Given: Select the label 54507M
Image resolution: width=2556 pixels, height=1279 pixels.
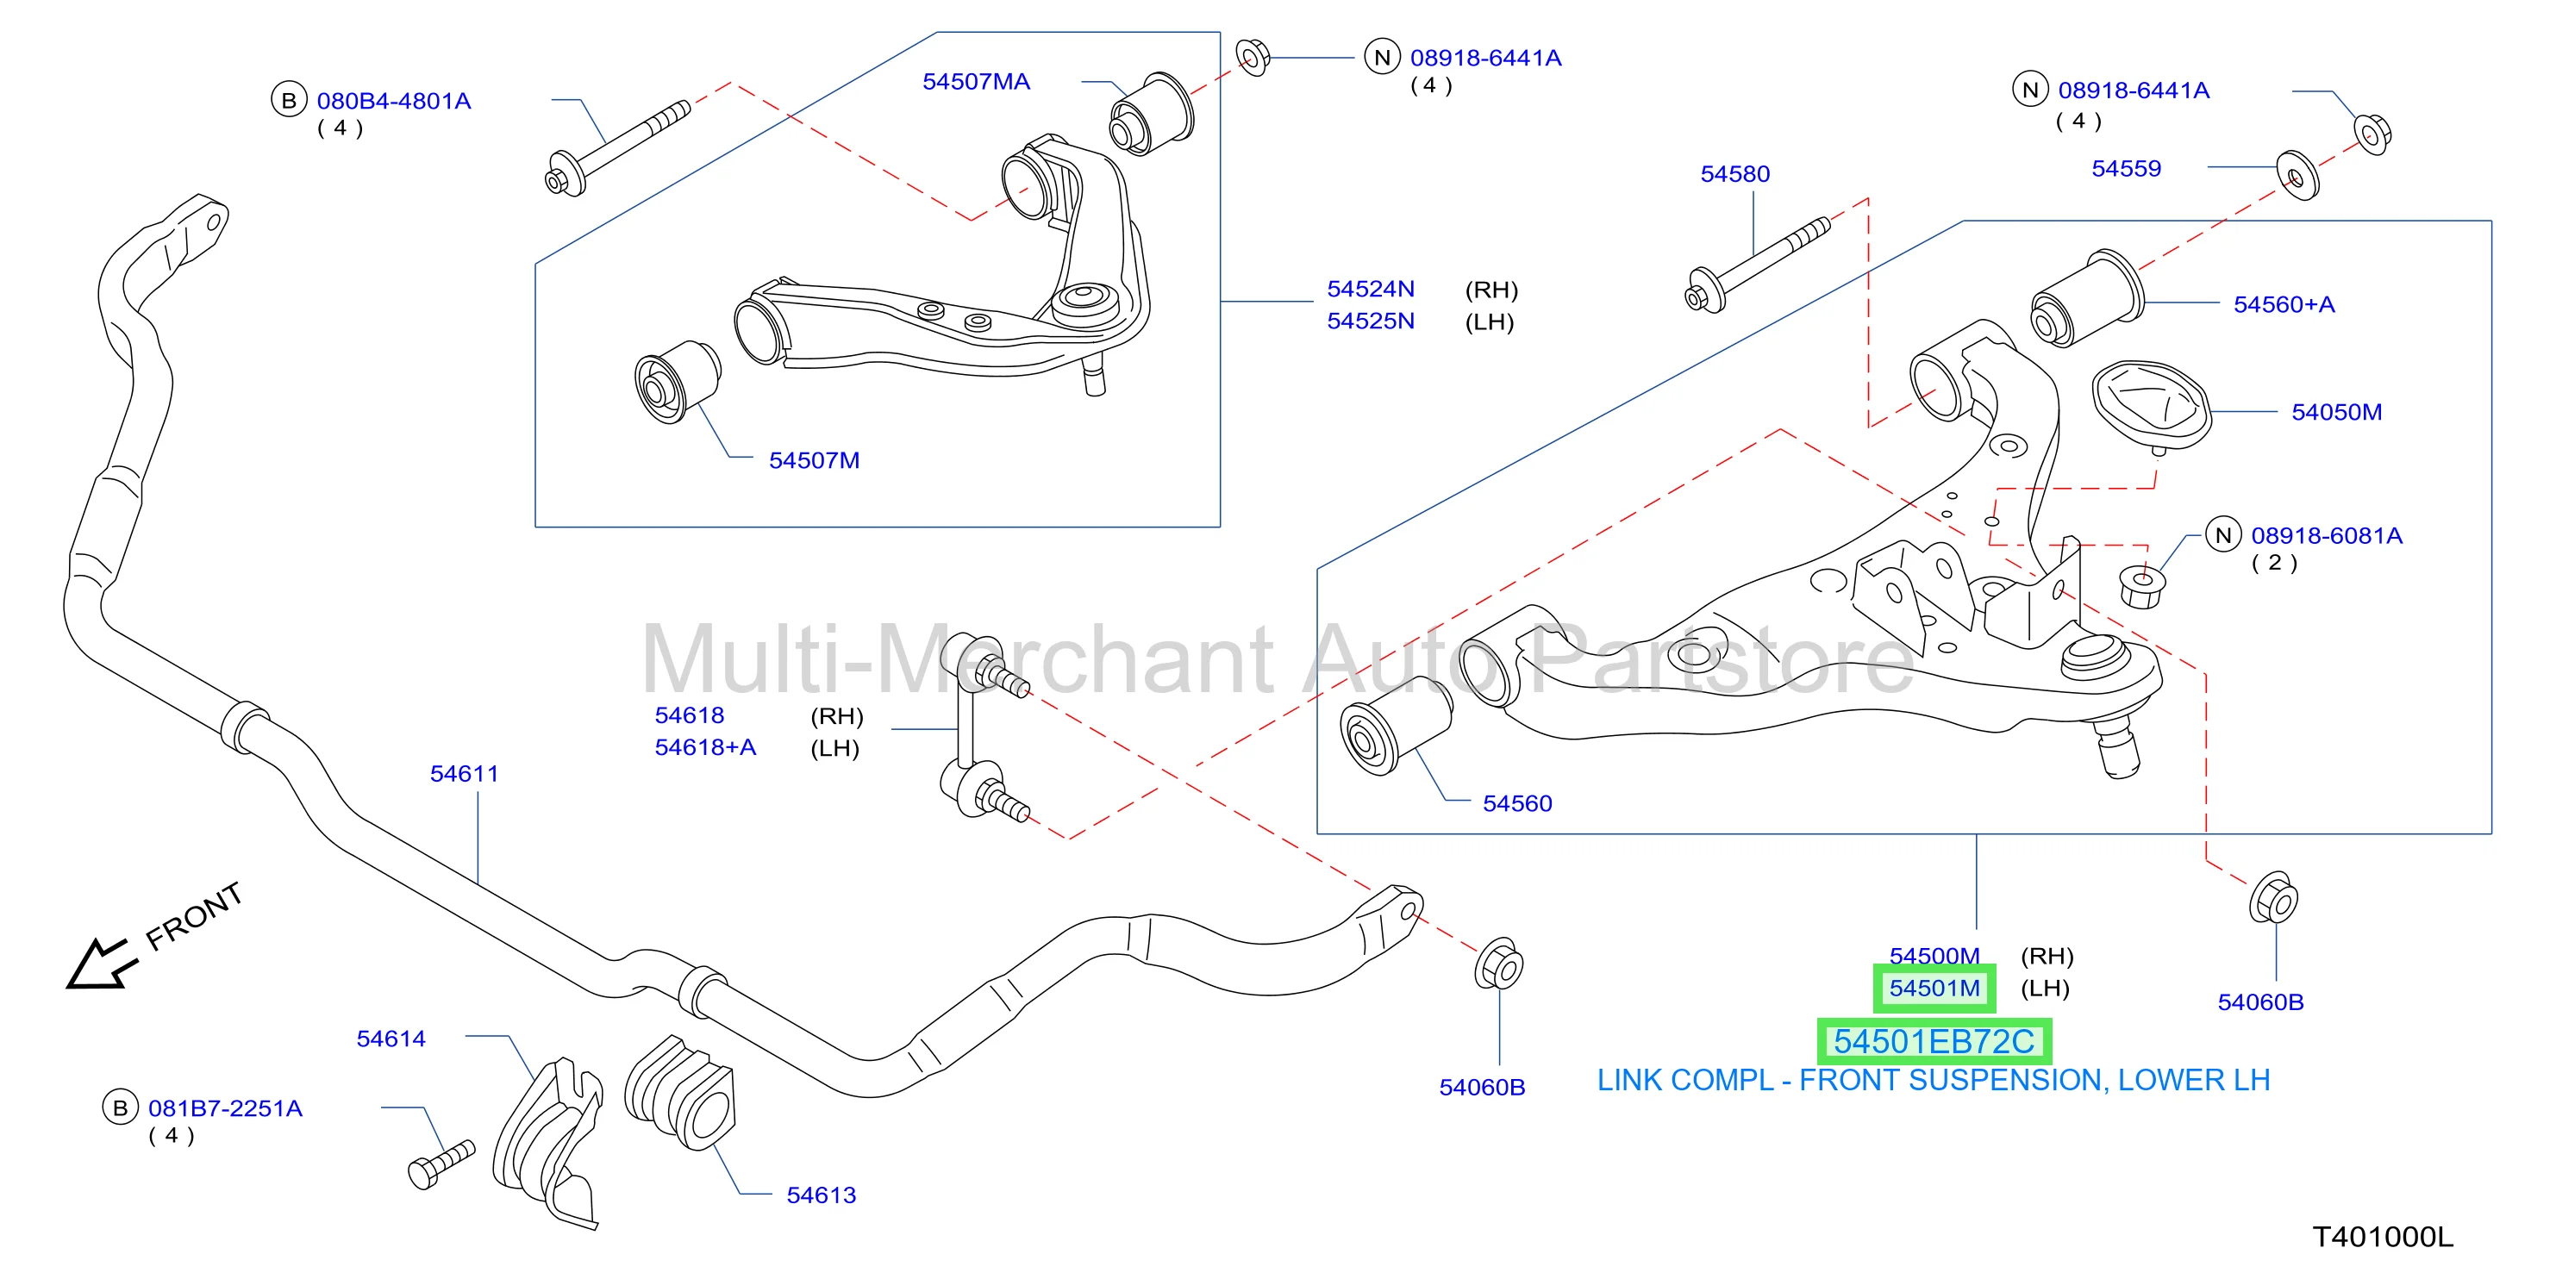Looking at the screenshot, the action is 814,460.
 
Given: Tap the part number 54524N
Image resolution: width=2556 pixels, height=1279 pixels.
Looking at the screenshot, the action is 1371,289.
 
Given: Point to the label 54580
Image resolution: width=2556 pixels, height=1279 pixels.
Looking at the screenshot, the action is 1734,173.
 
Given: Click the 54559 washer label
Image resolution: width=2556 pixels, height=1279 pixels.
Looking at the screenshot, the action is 2125,168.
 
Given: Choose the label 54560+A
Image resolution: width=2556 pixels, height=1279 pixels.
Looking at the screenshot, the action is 2283,304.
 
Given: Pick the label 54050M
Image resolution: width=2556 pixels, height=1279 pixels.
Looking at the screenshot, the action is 2335,412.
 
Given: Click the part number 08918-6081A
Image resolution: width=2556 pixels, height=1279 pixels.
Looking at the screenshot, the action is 2326,536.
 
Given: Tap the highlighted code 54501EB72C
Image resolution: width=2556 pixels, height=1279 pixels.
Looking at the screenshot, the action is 1933,1041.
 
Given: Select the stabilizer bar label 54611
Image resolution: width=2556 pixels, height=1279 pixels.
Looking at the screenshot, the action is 464,773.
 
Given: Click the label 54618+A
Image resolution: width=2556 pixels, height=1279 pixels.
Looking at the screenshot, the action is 704,747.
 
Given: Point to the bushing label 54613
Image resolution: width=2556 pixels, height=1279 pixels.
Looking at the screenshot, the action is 821,1195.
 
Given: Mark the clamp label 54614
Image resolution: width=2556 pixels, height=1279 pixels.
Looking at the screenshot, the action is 391,1039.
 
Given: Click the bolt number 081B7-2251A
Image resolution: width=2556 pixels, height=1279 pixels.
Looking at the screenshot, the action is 225,1108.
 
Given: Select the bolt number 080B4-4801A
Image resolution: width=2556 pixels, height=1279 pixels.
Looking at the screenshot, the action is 394,101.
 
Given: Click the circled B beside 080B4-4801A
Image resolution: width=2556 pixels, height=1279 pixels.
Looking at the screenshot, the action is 289,100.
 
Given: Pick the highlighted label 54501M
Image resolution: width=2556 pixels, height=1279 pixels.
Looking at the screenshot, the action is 1934,989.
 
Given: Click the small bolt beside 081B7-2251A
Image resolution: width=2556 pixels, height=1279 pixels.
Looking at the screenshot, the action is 441,1165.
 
